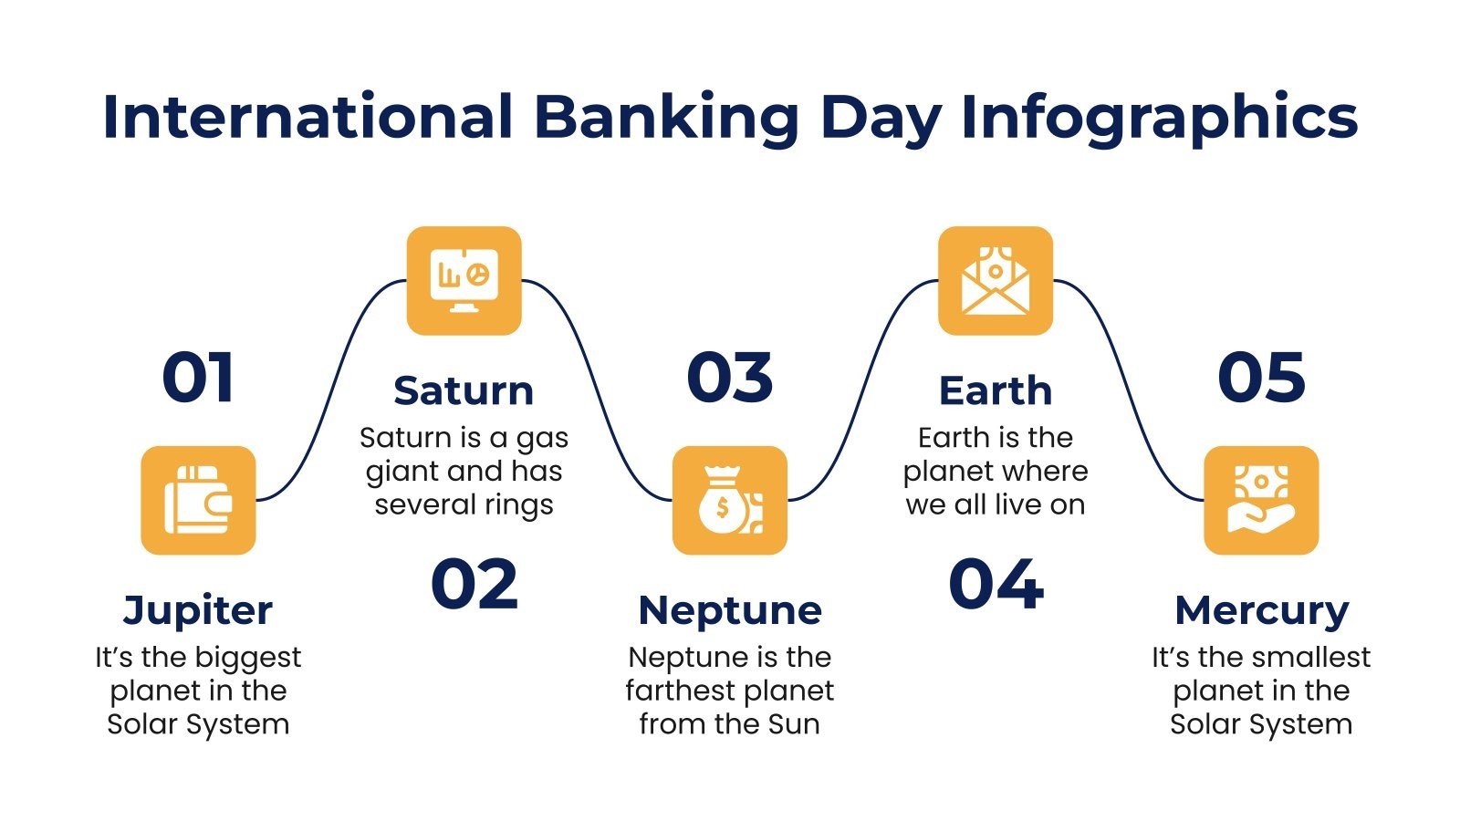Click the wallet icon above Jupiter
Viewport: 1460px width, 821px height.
198,500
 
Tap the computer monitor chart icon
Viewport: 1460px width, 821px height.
464,280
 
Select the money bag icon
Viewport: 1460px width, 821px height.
729,500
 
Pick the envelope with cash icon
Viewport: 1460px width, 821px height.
996,280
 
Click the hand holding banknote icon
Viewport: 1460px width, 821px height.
1261,500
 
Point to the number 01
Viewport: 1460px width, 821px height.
198,378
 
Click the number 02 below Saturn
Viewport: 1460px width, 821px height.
474,585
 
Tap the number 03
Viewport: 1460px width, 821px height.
729,378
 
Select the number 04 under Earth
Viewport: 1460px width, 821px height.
996,585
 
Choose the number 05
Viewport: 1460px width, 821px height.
1261,378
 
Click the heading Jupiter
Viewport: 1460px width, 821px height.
198,610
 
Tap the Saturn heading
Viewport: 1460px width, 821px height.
464,390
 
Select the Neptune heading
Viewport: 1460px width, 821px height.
730,610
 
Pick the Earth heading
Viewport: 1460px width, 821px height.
996,390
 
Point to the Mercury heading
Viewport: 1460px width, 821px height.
1261,610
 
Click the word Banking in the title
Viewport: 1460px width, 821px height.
666,117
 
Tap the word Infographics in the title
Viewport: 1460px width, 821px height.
1159,117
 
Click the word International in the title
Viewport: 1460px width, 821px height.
308,117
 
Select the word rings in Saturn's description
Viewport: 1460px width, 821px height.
519,504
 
